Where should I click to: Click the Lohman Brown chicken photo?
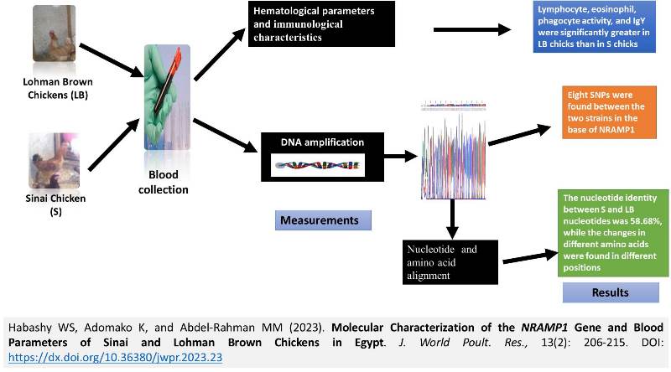(x=51, y=39)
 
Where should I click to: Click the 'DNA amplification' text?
(x=321, y=142)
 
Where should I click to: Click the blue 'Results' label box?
(x=611, y=292)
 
